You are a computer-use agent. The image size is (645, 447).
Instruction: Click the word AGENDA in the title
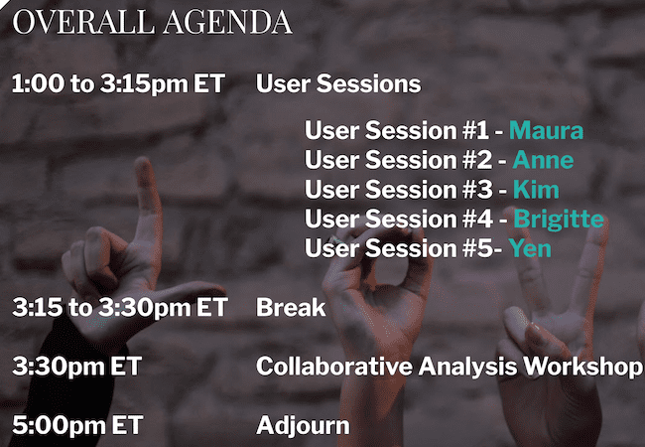(227, 22)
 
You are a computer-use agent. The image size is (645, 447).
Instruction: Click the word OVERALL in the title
(83, 22)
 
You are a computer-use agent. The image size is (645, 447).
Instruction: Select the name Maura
(547, 130)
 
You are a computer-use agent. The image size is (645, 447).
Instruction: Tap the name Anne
(543, 160)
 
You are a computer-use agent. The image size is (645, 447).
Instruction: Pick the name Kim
(536, 190)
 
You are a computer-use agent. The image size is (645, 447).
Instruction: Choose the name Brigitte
(559, 220)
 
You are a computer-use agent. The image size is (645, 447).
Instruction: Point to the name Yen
(530, 248)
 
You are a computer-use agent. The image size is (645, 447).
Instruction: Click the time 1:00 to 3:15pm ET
(118, 84)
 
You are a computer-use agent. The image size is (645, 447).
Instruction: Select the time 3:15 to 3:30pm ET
(120, 308)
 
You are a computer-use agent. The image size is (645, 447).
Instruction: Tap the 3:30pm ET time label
(77, 367)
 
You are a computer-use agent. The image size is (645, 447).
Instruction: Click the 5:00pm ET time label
(77, 425)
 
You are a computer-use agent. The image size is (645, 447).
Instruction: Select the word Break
(291, 308)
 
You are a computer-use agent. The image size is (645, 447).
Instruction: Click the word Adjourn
(304, 425)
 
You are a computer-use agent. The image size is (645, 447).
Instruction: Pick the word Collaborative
(334, 367)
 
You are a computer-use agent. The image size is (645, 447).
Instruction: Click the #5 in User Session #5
(476, 248)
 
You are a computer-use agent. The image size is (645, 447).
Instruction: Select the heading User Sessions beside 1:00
(338, 83)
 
